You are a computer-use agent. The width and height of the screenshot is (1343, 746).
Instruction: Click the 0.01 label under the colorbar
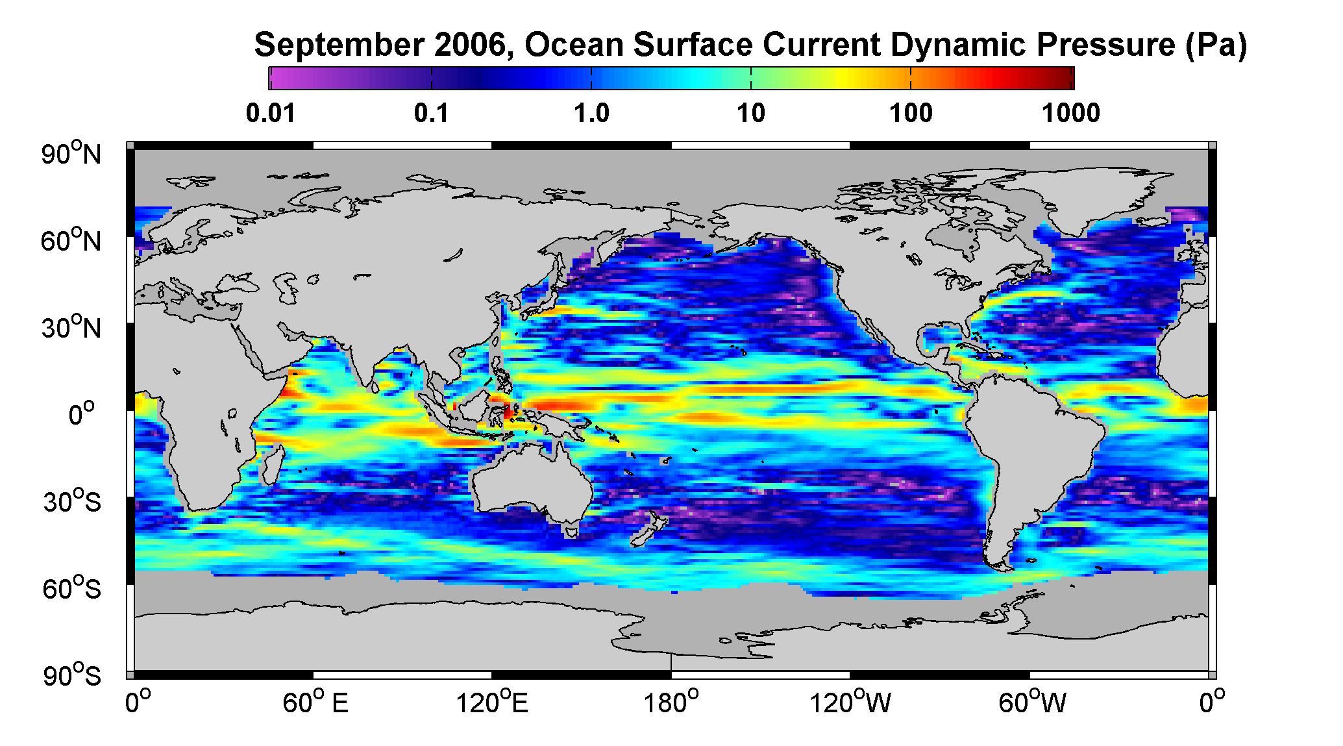tap(271, 114)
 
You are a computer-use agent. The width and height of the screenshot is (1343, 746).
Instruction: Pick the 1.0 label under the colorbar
tap(591, 114)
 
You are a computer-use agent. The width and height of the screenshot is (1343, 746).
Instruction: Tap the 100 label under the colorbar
tap(911, 114)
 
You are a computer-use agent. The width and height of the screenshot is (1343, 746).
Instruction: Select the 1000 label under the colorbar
tap(1071, 114)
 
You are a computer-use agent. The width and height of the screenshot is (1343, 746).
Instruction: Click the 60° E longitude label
tap(316, 702)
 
